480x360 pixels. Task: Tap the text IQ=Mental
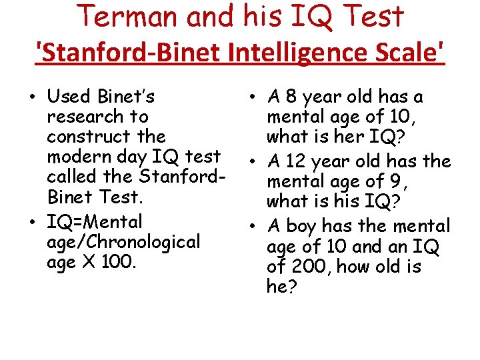point(95,221)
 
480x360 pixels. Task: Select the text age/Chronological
point(123,241)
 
